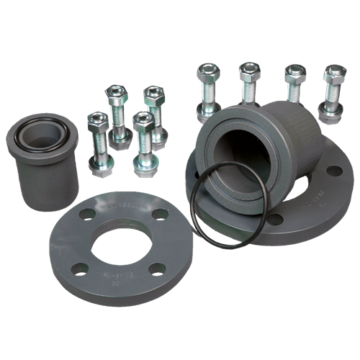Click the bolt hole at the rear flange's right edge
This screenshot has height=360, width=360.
pyautogui.click(x=333, y=171)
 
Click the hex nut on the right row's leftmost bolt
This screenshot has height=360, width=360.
pyautogui.click(x=206, y=72)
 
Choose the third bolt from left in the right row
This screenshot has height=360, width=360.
pyautogui.click(x=293, y=85)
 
